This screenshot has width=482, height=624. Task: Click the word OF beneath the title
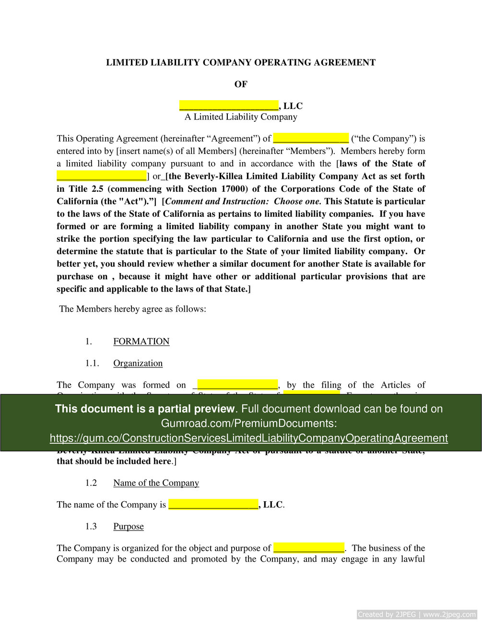(241, 84)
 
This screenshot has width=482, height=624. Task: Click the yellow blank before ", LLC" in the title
(229, 106)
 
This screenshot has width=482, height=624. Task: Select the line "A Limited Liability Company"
(241, 117)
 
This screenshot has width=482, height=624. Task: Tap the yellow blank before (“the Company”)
(311, 139)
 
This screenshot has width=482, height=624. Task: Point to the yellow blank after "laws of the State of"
(101, 176)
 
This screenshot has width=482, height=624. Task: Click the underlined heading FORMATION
(141, 341)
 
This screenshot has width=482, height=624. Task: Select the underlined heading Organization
(138, 363)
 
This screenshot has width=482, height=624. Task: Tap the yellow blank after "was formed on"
(237, 385)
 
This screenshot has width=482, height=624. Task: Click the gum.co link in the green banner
(248, 438)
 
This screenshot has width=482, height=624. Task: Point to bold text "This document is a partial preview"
(145, 409)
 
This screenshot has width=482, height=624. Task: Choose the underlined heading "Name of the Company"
(156, 483)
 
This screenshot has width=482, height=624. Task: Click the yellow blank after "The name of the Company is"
(213, 505)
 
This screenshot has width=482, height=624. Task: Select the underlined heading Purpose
(129, 526)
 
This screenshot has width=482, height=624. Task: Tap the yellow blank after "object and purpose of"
(308, 548)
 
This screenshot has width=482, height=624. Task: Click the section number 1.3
(91, 526)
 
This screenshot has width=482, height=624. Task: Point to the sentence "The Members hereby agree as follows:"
(133, 309)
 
